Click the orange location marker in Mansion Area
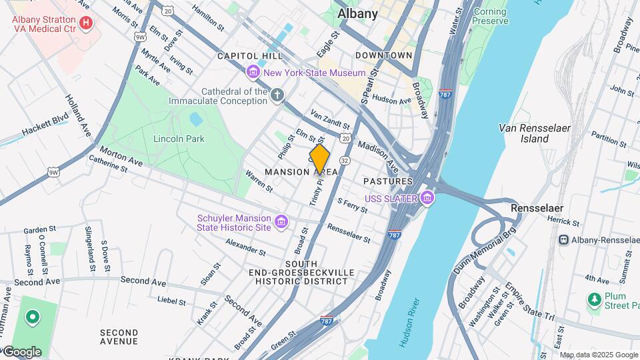tap(320, 160)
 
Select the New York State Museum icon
tap(253, 72)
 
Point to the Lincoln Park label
tap(179, 139)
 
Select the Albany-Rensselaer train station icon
tap(564, 239)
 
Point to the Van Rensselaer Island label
tap(524, 133)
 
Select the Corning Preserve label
tap(490, 16)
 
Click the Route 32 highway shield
tap(345, 161)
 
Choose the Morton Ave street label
tap(122, 158)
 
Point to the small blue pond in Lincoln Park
tap(195, 119)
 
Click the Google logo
tap(21, 351)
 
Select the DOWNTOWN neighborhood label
tap(383, 55)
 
